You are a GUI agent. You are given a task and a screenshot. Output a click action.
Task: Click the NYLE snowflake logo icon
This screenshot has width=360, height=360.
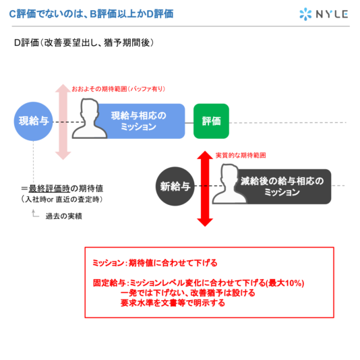coord(305,14)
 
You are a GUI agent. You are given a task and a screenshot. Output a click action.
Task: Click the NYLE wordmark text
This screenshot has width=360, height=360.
coord(332,14)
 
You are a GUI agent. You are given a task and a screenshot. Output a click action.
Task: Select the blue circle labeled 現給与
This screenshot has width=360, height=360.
coord(33,121)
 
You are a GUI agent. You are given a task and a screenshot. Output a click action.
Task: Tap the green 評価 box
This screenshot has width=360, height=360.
coord(211,121)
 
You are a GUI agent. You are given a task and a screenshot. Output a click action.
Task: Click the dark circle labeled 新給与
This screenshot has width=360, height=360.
coord(175,186)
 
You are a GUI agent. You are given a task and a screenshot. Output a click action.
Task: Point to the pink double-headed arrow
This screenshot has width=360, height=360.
coord(63,121)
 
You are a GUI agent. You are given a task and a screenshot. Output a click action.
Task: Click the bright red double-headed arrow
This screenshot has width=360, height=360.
coord(205,189)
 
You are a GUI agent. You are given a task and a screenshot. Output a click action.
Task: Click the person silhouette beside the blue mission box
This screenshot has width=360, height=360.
coord(90,119)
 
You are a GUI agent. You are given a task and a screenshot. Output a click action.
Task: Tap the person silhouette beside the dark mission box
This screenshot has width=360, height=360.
coord(229,184)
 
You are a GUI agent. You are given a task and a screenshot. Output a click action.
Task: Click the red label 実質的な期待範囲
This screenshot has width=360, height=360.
coord(241,156)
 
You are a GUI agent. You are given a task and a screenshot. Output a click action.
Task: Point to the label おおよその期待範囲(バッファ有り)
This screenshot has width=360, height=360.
coord(119,89)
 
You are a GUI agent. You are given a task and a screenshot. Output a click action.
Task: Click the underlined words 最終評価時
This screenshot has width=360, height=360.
coord(49,189)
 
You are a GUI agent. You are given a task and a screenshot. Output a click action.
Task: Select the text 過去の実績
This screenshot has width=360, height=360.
coord(64,216)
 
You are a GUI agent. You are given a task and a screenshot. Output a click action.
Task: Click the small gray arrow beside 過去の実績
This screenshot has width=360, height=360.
coord(35,213)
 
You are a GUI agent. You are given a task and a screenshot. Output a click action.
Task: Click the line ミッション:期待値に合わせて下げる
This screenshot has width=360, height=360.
coord(155,263)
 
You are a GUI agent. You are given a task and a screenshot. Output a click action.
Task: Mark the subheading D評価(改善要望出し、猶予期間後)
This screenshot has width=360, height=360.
coord(84,42)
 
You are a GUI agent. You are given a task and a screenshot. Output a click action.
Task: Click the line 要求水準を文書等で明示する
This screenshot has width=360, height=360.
coord(173,303)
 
